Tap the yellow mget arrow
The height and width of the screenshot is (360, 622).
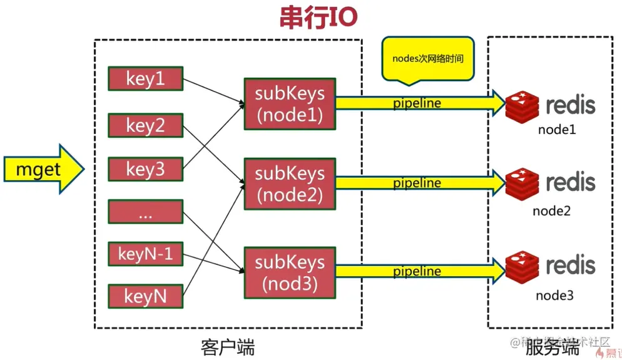(x=41, y=170)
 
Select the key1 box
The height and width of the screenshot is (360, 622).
(x=146, y=78)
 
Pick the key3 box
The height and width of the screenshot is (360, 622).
(x=146, y=169)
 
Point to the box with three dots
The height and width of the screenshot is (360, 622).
(x=146, y=212)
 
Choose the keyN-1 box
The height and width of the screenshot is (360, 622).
(x=146, y=254)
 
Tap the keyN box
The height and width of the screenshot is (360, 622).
(x=146, y=296)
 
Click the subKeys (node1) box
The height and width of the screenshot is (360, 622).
(x=289, y=103)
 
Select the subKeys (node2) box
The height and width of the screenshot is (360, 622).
(x=289, y=183)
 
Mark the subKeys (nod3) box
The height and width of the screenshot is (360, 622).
(x=289, y=272)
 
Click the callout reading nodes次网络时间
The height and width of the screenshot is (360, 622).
(x=428, y=59)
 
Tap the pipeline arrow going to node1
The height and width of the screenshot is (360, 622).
(x=419, y=103)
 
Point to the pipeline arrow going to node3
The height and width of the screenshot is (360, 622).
(x=419, y=272)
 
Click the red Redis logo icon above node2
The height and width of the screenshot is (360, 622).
(x=521, y=183)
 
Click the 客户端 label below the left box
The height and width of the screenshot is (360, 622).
(x=228, y=346)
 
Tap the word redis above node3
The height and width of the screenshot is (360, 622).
(x=570, y=265)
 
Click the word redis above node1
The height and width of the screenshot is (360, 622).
(x=570, y=105)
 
